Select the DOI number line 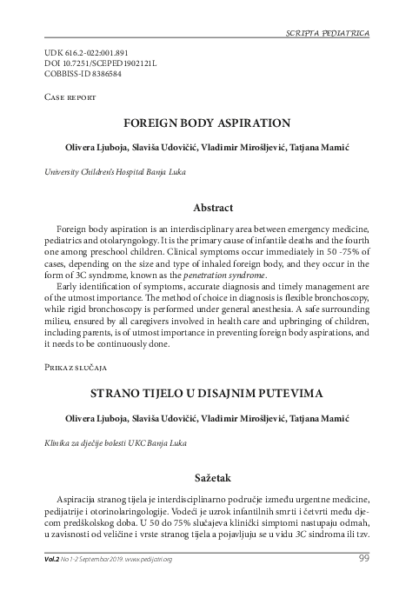pos(90,63)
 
